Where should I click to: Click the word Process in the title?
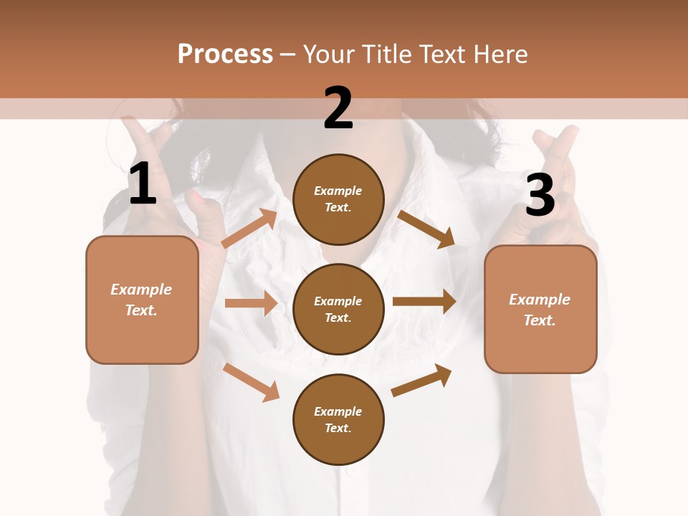[x=225, y=54]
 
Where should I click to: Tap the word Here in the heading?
[x=500, y=54]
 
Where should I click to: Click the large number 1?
[x=143, y=184]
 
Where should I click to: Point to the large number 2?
[x=338, y=108]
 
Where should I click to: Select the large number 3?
[x=540, y=196]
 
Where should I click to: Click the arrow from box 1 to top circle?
[x=249, y=229]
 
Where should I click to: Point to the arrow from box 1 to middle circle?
[x=250, y=303]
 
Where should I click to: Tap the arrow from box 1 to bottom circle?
[x=251, y=382]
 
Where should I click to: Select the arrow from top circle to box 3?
[x=426, y=229]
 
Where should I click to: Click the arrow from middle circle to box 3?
[x=424, y=302]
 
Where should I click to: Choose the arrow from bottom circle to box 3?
[x=421, y=381]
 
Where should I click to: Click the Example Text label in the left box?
[x=141, y=300]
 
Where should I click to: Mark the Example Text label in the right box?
[x=540, y=310]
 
